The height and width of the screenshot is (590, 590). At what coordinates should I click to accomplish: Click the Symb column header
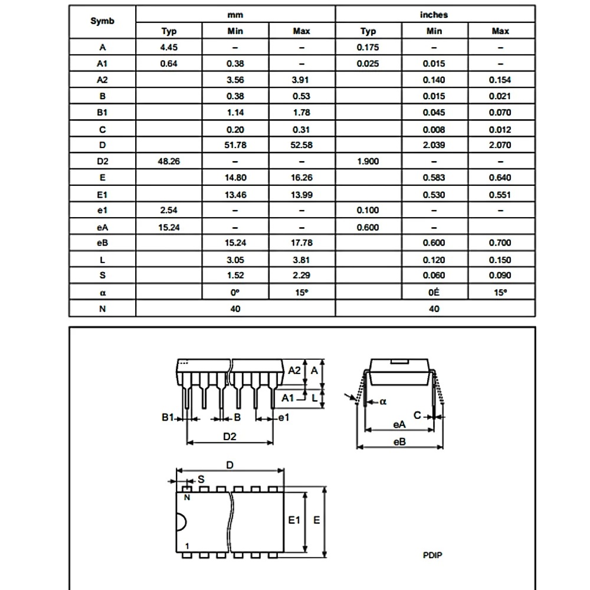click(x=102, y=22)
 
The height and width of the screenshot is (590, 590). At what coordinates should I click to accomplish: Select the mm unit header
click(x=235, y=15)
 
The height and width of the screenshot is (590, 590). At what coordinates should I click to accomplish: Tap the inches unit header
click(x=434, y=15)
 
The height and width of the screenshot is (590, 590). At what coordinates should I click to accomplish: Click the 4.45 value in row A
click(x=169, y=47)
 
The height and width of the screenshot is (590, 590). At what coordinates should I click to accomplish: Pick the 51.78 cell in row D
click(x=235, y=145)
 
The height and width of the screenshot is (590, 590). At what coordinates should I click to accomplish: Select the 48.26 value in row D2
click(x=169, y=161)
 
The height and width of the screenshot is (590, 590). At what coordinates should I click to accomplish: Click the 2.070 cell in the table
click(x=500, y=145)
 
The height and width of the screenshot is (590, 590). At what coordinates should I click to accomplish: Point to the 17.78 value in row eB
click(x=301, y=242)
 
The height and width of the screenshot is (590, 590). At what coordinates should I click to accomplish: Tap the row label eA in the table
click(x=102, y=227)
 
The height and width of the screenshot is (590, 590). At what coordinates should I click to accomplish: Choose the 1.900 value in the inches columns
click(x=368, y=161)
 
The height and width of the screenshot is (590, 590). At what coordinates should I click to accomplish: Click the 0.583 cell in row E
click(x=434, y=178)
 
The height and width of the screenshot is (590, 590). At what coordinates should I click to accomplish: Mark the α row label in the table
click(x=102, y=292)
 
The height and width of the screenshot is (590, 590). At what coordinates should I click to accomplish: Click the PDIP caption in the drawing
click(x=432, y=555)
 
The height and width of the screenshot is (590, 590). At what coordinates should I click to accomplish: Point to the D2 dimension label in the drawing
click(x=230, y=437)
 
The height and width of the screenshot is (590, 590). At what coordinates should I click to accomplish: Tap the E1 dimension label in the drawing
click(x=294, y=520)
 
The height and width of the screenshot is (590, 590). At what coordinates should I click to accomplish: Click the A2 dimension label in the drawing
click(x=294, y=371)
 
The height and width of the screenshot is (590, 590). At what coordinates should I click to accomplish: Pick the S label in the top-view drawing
click(x=201, y=480)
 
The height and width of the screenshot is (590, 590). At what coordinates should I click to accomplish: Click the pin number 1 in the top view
click(x=187, y=547)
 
